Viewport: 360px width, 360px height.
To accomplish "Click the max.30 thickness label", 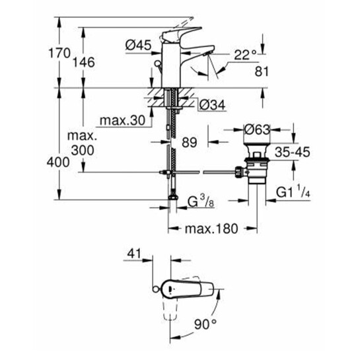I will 118,122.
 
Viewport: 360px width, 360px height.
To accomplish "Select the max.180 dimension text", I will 211,229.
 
